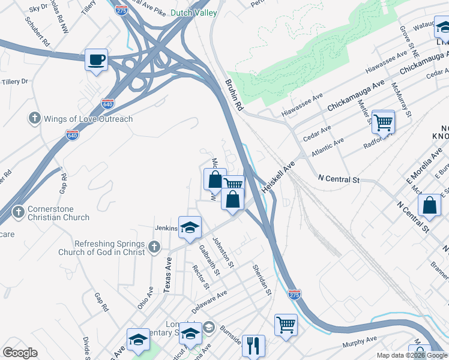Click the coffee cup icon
(x=96, y=59)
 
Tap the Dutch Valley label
(x=193, y=12)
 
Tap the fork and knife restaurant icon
(x=253, y=345)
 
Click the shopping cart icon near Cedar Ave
(x=383, y=122)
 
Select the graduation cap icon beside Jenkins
(x=190, y=227)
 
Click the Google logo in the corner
(x=20, y=352)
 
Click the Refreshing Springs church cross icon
(x=154, y=246)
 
